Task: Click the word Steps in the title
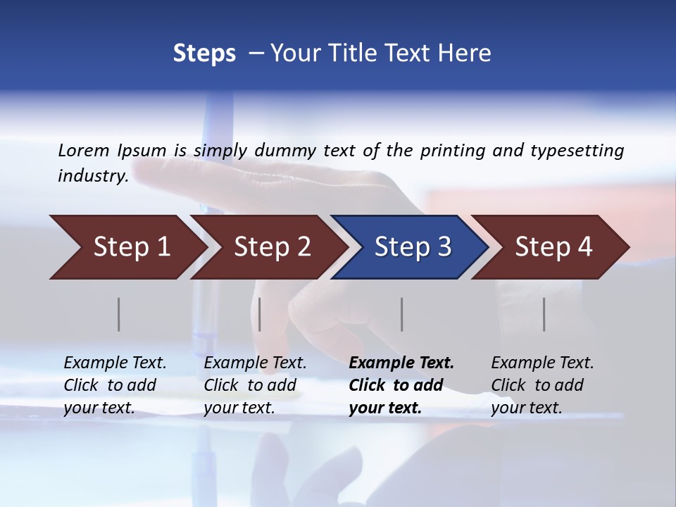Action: pos(204,54)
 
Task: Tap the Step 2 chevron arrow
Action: pos(272,247)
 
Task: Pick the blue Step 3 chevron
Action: pos(413,247)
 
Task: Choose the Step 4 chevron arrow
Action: pos(553,247)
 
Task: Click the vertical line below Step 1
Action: pos(119,314)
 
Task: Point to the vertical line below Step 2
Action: pos(260,314)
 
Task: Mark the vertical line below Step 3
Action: pos(402,314)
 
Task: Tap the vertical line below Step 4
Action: pos(544,314)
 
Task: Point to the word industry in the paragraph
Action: pos(93,176)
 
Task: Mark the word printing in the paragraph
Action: pos(453,151)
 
